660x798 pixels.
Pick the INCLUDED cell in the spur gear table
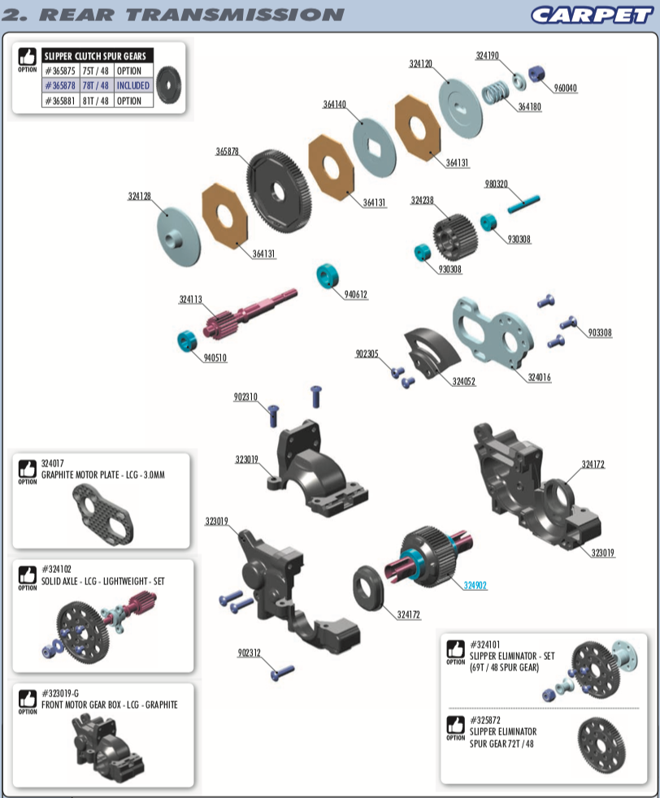(132, 85)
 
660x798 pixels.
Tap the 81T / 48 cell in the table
(95, 101)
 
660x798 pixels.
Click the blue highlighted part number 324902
(475, 585)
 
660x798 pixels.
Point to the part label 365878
(227, 151)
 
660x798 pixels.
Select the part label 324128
(139, 196)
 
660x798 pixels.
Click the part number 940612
(355, 295)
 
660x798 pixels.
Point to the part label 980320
(496, 184)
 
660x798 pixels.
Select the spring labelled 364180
(497, 92)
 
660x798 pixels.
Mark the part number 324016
(539, 377)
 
